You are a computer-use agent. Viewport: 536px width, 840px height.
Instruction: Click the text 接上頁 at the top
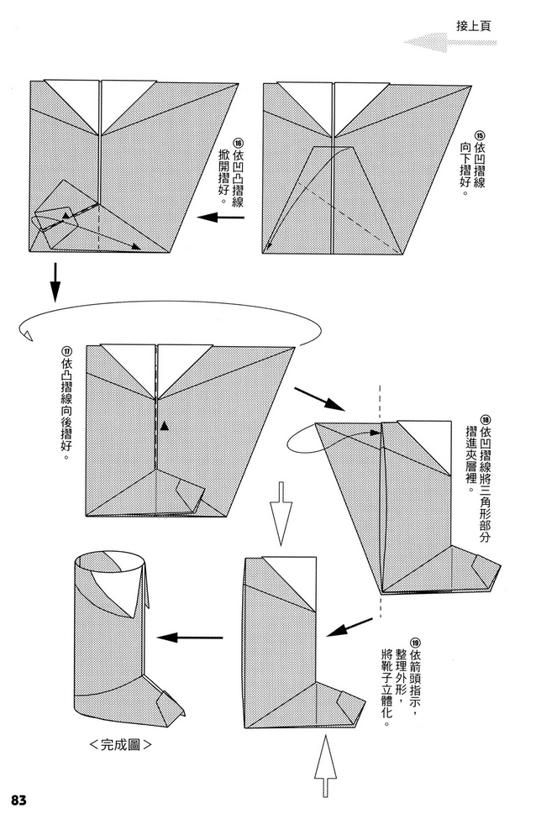[472, 25]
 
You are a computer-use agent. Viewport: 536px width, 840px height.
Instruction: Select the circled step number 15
[480, 137]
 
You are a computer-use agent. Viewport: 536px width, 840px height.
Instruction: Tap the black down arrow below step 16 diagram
[55, 282]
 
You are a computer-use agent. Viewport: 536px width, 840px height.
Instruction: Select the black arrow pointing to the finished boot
[191, 638]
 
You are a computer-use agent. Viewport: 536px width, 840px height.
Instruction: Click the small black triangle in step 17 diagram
[165, 427]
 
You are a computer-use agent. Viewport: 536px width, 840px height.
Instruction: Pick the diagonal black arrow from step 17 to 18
[318, 398]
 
